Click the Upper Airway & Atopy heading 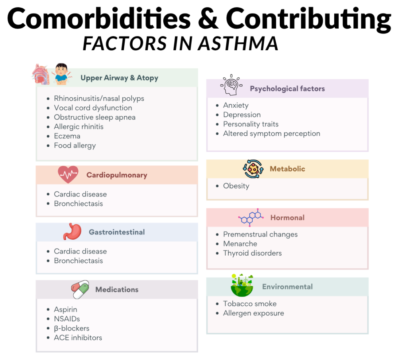click(x=119, y=78)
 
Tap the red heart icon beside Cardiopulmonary click(x=68, y=174)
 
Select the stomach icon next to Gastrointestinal click(x=72, y=231)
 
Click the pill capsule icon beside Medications click(x=80, y=289)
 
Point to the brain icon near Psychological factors click(x=231, y=87)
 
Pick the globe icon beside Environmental click(x=242, y=285)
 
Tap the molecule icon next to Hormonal click(x=251, y=217)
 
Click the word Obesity click(x=236, y=186)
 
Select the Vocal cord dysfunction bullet click(x=93, y=108)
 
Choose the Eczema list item click(x=67, y=136)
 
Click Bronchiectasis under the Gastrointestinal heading click(x=78, y=261)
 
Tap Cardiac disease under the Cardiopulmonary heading click(x=80, y=194)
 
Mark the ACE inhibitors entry click(x=78, y=338)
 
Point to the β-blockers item click(x=71, y=328)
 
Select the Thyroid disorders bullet click(x=252, y=253)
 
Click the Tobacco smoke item click(x=249, y=304)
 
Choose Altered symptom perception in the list click(x=271, y=134)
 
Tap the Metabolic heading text click(x=287, y=169)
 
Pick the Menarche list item click(x=240, y=244)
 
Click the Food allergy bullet click(x=75, y=146)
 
